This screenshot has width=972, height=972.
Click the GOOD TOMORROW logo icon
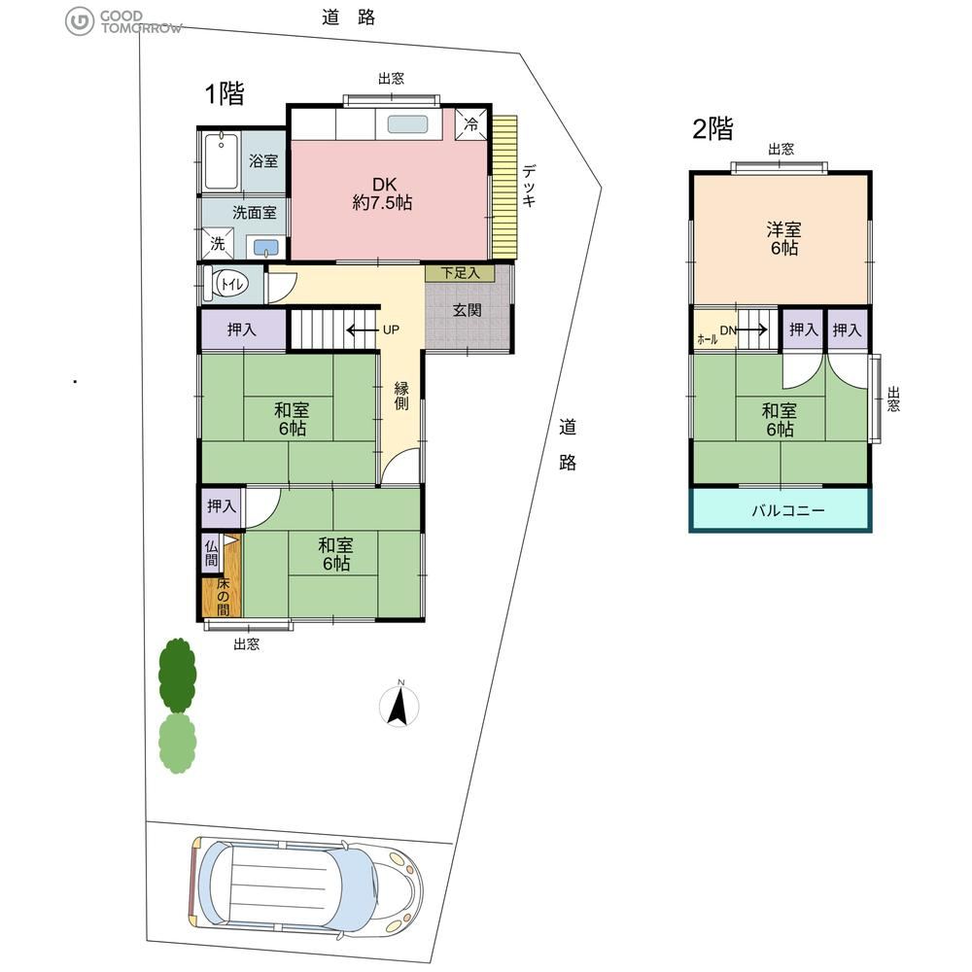[80, 21]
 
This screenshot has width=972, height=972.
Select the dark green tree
[177, 676]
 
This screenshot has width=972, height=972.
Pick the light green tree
[177, 743]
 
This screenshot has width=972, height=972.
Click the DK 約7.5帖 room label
[382, 193]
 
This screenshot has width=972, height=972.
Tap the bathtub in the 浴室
[222, 161]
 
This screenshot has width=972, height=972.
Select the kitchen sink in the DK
[408, 124]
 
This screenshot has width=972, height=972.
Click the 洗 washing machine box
[218, 243]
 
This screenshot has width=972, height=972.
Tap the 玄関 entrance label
[467, 309]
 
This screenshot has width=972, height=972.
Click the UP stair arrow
[362, 330]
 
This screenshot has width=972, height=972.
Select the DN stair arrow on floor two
[752, 330]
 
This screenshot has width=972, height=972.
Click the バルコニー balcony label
[788, 510]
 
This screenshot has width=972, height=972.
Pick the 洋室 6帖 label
[784, 239]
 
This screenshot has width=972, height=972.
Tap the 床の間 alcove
[223, 597]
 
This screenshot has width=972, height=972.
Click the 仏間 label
[211, 554]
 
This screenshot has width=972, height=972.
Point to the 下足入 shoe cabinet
[460, 273]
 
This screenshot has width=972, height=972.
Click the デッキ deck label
[529, 185]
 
